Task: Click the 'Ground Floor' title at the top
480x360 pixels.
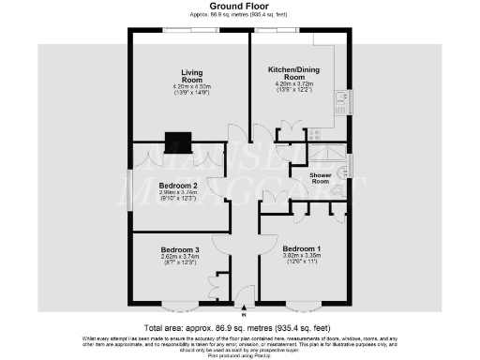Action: (x=241, y=7)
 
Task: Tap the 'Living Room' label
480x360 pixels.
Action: (x=192, y=74)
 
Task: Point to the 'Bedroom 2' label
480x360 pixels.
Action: (x=177, y=186)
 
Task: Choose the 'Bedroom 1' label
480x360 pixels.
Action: (x=301, y=249)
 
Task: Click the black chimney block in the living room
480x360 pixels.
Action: (x=176, y=142)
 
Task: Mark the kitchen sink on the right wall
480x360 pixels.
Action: (x=348, y=100)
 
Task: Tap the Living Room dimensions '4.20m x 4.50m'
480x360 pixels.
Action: (x=192, y=86)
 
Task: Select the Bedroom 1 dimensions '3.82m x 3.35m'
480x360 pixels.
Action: (x=301, y=258)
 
